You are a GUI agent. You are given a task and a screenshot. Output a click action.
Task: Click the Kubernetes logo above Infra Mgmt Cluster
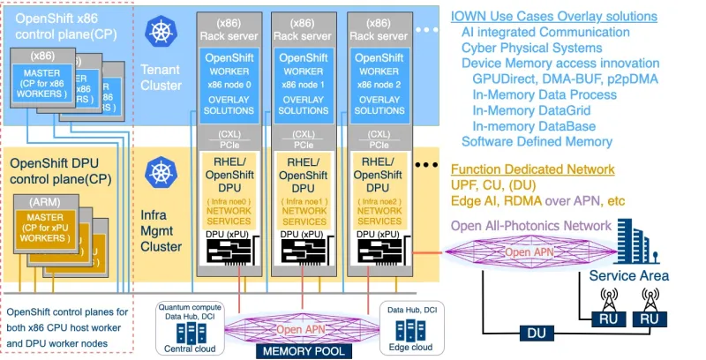[x=161, y=170]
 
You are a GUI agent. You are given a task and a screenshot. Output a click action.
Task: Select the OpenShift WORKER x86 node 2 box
[x=380, y=85]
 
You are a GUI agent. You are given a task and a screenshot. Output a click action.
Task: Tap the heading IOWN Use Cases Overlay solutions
[x=553, y=16]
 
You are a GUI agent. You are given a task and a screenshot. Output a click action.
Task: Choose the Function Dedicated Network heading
[x=533, y=169]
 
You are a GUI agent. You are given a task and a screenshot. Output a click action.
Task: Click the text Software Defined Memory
[x=537, y=141]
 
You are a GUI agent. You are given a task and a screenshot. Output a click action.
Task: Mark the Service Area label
[x=628, y=275]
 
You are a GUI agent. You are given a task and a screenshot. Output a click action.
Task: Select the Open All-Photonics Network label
[x=530, y=225]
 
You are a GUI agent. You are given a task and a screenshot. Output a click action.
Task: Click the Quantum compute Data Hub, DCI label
[x=186, y=311]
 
